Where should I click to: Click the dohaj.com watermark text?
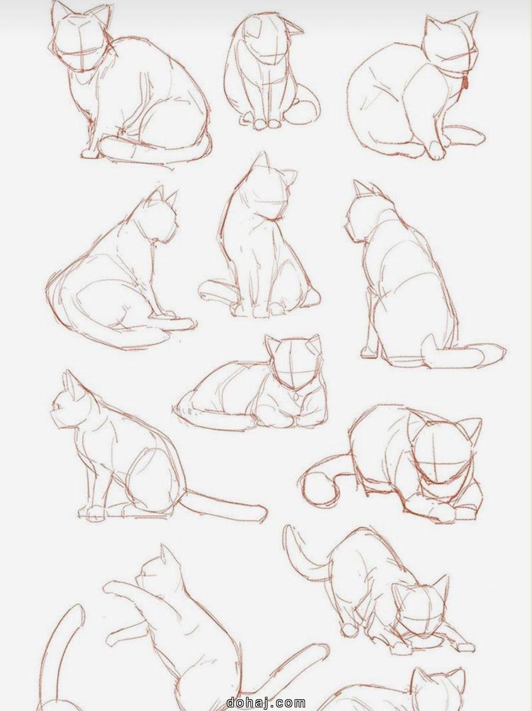[265, 703]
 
